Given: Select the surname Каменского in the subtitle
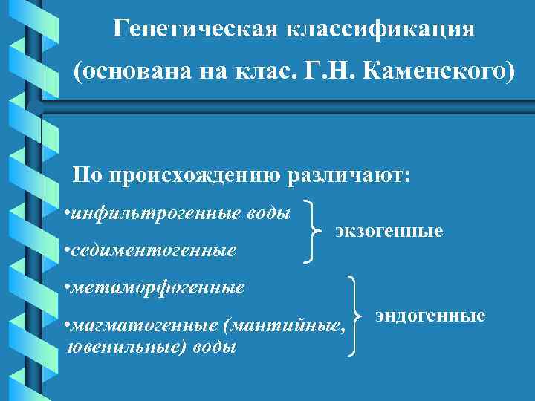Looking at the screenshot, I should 435,73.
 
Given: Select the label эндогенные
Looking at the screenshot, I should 430,316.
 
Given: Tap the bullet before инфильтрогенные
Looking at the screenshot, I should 67,215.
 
